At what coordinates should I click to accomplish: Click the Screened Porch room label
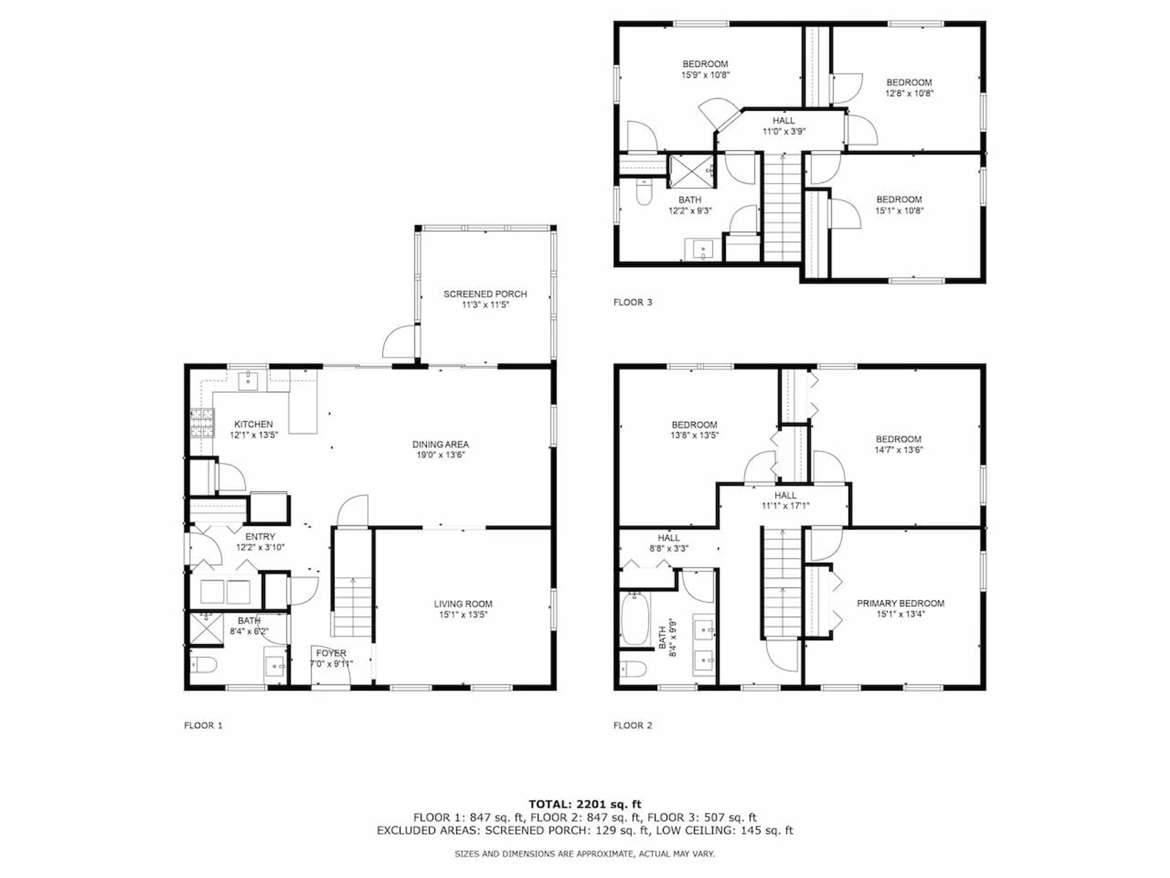[x=485, y=294]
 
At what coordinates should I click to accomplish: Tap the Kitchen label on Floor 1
[x=253, y=424]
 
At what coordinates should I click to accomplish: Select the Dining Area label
[x=441, y=444]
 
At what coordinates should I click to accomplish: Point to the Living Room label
[x=463, y=604]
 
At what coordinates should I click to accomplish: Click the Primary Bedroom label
[x=900, y=603]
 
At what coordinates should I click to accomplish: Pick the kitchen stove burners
[x=202, y=423]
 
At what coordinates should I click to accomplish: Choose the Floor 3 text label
[x=633, y=302]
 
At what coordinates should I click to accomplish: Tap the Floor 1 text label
[x=203, y=726]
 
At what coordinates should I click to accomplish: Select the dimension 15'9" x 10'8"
[x=706, y=75]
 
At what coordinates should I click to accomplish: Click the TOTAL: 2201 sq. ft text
[x=585, y=805]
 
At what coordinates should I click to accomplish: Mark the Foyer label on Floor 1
[x=331, y=653]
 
